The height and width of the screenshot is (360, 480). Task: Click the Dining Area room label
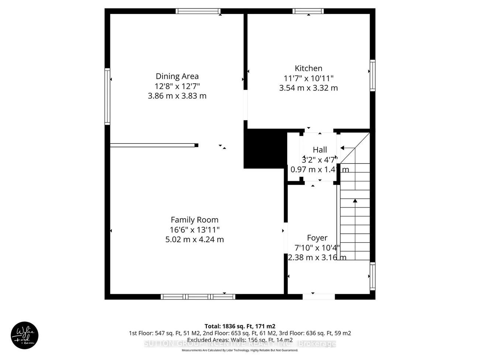tap(177, 76)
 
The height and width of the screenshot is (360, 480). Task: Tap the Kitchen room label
tap(308, 68)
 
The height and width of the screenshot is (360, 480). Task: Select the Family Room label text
tap(194, 220)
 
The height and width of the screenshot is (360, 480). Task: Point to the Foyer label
tap(317, 238)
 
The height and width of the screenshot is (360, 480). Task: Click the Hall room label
tap(320, 150)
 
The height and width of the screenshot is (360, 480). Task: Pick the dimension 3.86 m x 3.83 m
tap(177, 96)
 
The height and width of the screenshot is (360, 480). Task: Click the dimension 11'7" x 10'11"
tap(308, 78)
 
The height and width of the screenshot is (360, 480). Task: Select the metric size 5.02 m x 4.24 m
tap(194, 239)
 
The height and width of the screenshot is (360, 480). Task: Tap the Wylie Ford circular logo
tap(24, 336)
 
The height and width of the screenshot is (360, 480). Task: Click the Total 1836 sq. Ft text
tap(240, 326)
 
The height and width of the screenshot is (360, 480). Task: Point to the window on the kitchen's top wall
tap(308, 11)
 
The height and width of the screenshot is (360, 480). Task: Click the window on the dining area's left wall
tap(107, 96)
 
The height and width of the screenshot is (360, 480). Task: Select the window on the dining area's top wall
tap(198, 11)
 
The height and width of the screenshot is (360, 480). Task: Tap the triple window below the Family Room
tap(198, 296)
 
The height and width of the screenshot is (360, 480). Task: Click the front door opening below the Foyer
tap(319, 296)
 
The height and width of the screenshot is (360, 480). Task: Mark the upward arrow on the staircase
tap(355, 201)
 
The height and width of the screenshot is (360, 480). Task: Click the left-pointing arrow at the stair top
tap(342, 148)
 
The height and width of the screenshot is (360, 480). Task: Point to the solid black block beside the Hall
tap(265, 148)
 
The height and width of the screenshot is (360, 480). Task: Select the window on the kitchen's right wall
tap(373, 75)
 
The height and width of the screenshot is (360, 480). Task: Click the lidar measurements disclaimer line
tap(240, 350)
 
